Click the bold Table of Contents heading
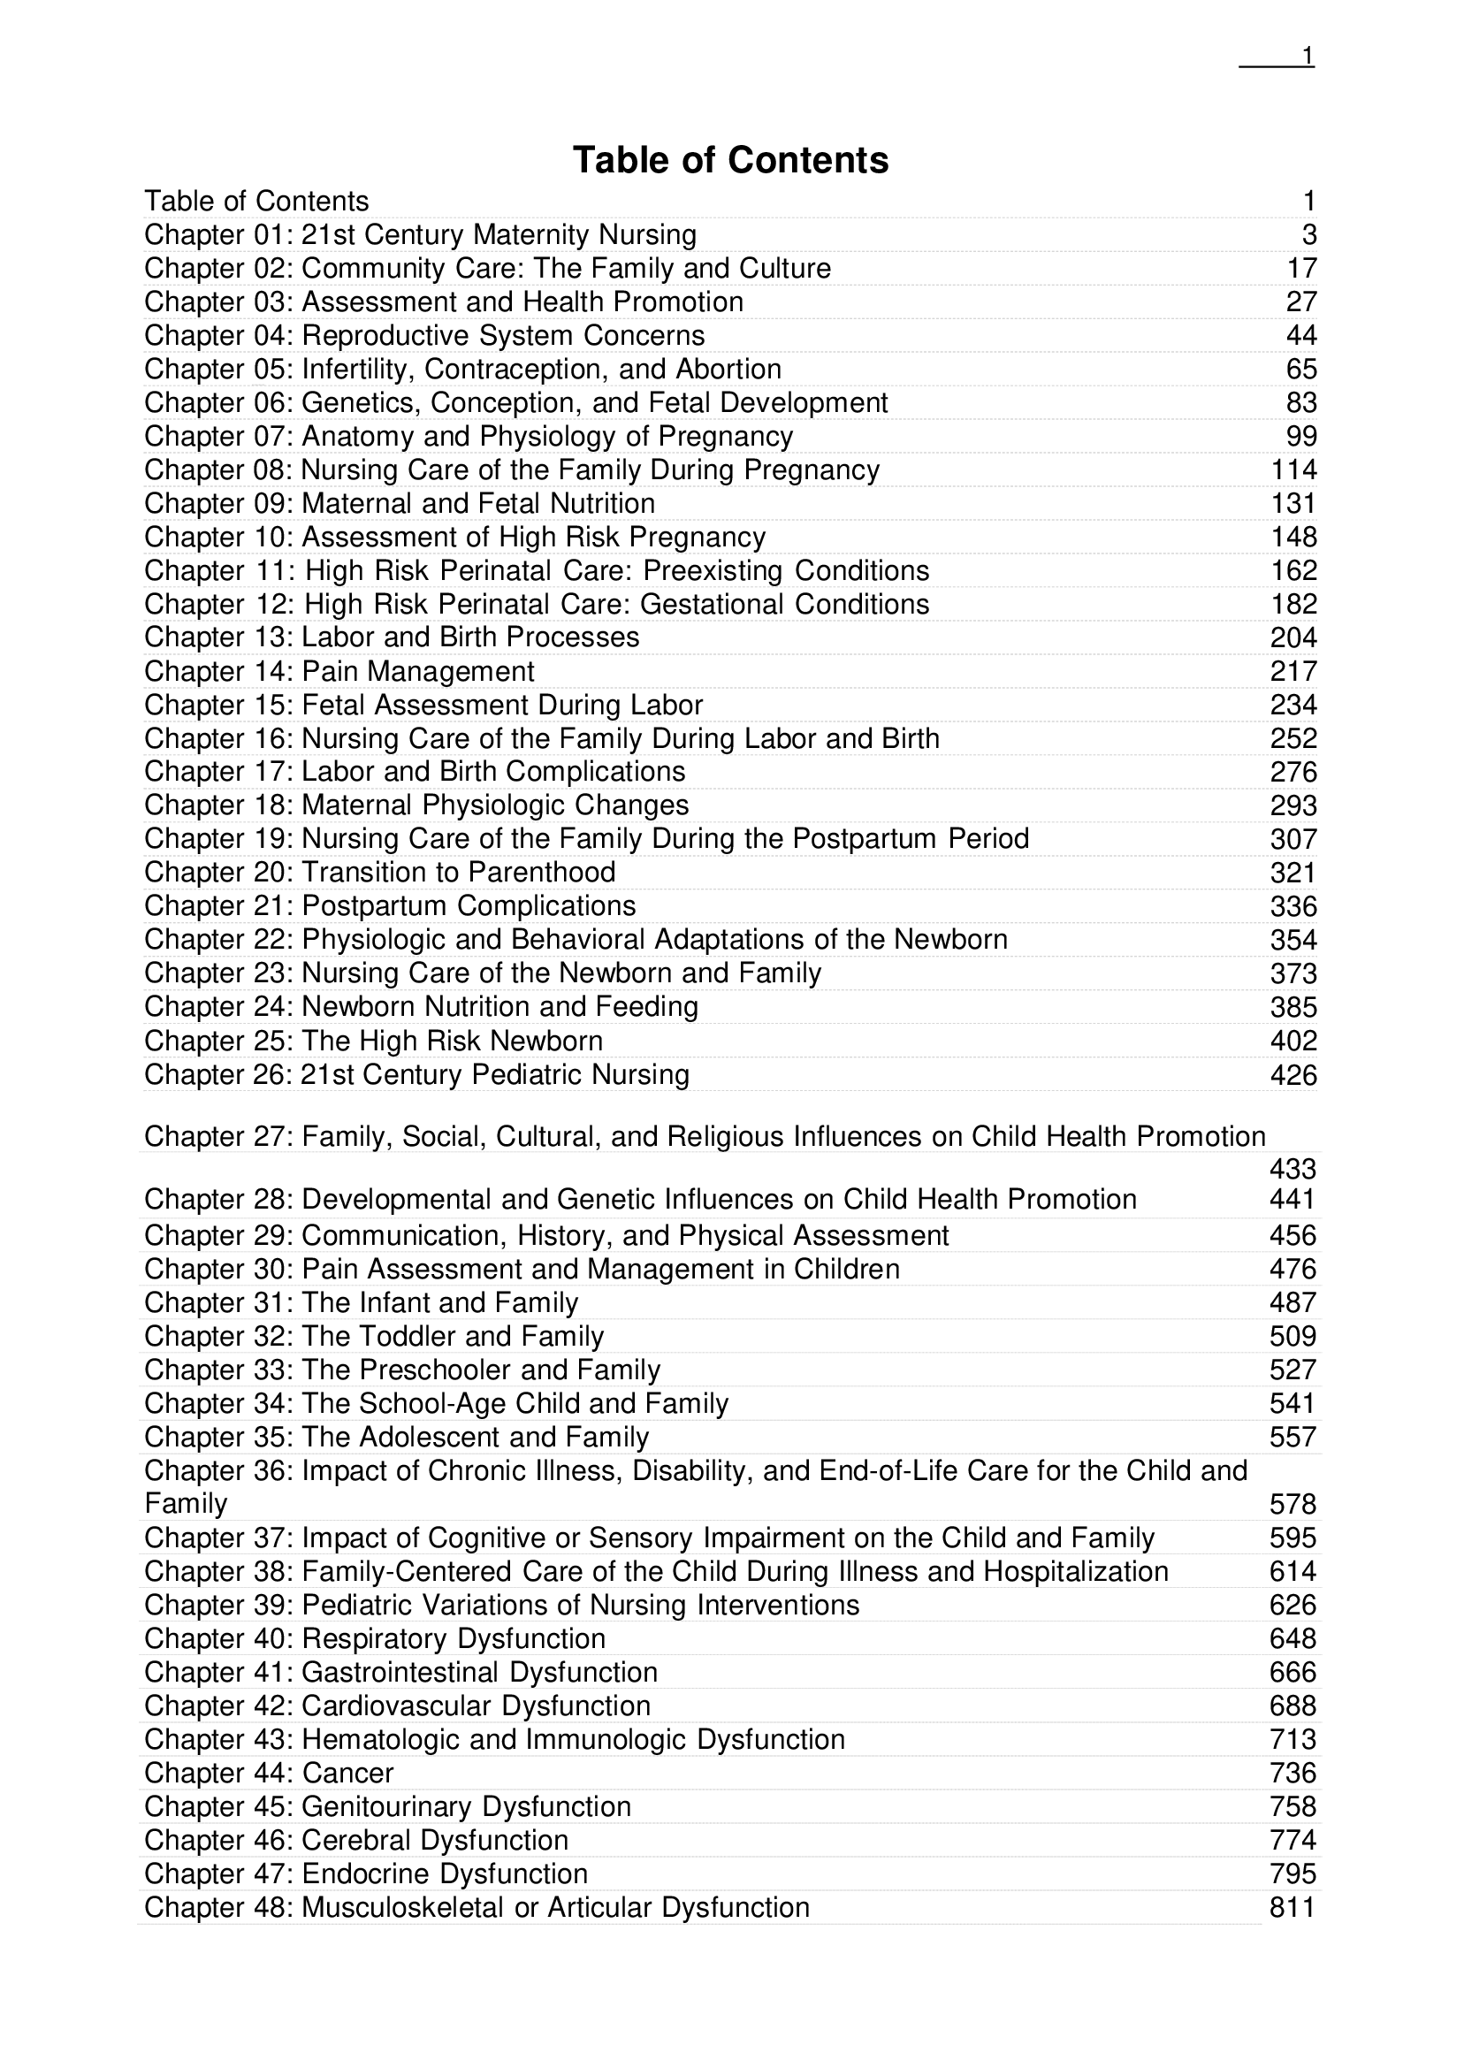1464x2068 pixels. [x=730, y=160]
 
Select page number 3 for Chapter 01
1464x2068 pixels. [x=1309, y=235]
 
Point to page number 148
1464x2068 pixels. [x=1292, y=538]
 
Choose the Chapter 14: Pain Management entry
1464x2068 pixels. [x=339, y=672]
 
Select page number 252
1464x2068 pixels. [x=1292, y=739]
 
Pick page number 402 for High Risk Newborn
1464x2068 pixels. [x=1292, y=1042]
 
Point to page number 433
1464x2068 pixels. [x=1292, y=1169]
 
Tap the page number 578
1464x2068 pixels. [x=1292, y=1505]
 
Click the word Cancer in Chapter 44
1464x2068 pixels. [x=348, y=1774]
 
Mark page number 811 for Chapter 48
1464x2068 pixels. [x=1292, y=1908]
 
